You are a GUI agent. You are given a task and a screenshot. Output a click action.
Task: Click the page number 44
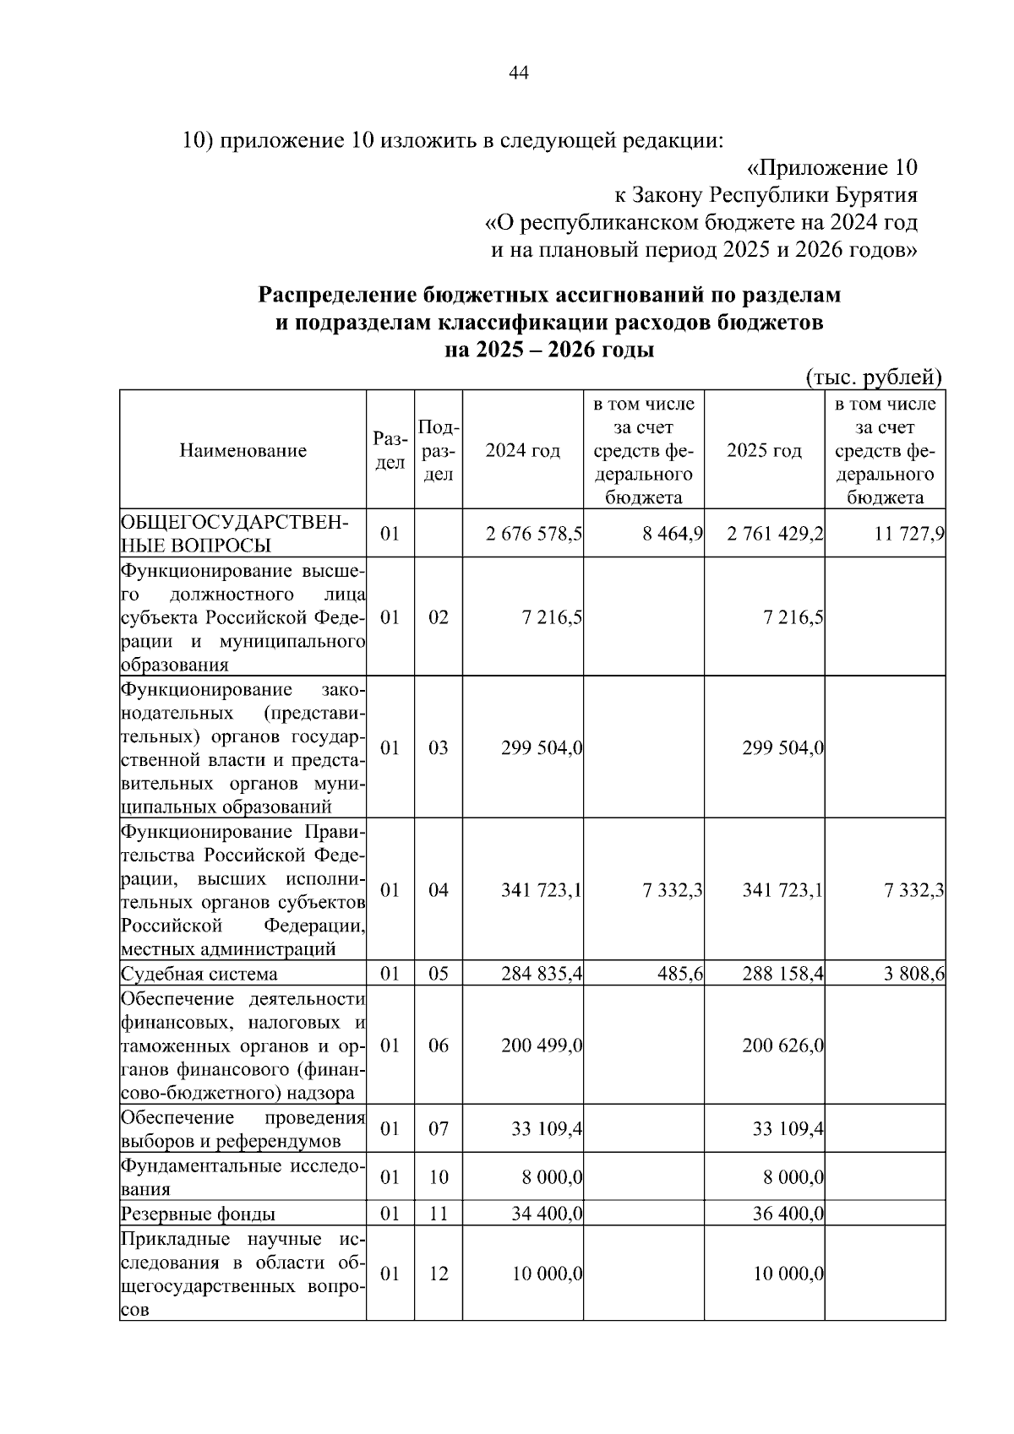518,73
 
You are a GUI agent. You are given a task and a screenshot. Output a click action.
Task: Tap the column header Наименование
243,451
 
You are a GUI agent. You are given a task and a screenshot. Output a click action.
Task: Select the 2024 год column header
522,451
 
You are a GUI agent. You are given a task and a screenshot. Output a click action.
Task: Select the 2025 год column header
764,451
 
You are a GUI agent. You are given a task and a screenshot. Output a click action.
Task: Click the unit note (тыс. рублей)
874,377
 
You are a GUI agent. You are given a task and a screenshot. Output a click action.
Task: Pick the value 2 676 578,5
534,534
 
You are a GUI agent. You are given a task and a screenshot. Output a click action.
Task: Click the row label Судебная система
199,975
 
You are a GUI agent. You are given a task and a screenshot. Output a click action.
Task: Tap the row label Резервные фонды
198,1214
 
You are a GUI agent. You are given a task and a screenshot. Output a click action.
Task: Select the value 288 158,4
783,975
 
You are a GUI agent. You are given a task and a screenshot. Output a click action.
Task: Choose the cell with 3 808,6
914,975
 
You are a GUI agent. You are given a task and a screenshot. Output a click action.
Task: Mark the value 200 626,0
783,1046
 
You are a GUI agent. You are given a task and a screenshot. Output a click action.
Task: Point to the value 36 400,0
788,1214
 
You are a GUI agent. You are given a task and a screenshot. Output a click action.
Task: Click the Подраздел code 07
438,1129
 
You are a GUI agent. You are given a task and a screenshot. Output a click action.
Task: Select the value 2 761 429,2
776,534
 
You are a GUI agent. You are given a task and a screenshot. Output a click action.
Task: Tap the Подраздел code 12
438,1274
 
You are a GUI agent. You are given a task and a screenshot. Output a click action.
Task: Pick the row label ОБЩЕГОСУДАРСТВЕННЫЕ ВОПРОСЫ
233,533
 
